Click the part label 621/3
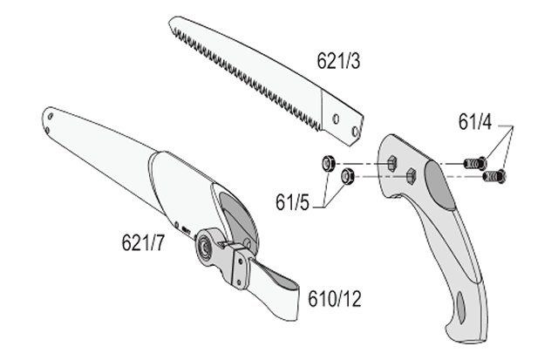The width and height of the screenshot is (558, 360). [338, 60]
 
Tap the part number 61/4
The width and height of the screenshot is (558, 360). [474, 122]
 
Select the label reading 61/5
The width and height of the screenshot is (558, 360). [293, 203]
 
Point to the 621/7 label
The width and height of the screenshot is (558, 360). [143, 243]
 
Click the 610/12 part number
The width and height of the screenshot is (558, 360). [335, 299]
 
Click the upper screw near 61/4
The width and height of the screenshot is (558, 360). [475, 163]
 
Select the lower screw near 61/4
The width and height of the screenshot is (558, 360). [494, 176]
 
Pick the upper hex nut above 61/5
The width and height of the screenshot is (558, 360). [328, 164]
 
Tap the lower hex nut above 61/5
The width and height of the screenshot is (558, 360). [346, 176]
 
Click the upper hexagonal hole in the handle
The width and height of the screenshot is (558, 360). [391, 163]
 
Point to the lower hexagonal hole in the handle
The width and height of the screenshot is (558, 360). [411, 176]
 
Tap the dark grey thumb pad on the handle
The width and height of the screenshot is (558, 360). [439, 185]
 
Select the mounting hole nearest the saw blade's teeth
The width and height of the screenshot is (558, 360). [336, 119]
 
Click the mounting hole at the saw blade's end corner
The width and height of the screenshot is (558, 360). [355, 132]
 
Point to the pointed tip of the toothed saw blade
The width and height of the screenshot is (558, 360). [170, 21]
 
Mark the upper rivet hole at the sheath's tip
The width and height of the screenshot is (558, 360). [51, 116]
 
